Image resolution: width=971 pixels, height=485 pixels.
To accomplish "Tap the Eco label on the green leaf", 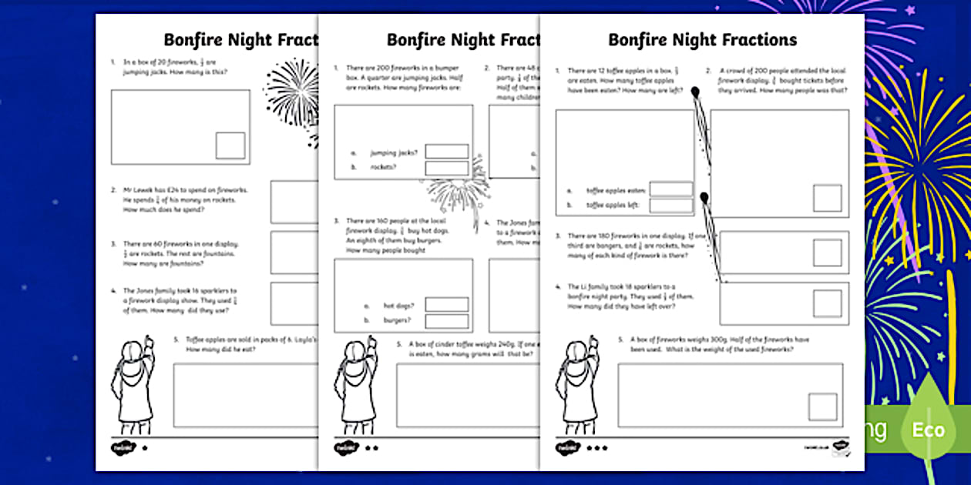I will pos(928,429).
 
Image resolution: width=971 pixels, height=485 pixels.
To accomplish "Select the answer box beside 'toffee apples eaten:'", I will pos(670,189).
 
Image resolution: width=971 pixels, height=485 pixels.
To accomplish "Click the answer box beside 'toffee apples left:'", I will pos(670,206).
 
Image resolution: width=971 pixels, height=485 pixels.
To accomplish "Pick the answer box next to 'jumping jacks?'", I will pos(447,152).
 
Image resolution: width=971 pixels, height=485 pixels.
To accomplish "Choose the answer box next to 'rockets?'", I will pos(447,168).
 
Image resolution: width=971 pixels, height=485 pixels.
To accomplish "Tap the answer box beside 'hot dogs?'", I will pos(447,305).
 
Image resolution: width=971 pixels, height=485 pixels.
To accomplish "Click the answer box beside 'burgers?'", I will pos(447,321).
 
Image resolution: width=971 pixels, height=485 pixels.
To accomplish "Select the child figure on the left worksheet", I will pos(135,385).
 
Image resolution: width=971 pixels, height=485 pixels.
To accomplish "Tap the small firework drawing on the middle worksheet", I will pos(459,189).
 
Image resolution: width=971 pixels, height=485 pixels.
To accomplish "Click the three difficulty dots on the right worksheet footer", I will pos(597,447).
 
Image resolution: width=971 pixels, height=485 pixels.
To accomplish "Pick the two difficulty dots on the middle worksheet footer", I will pos(372,447).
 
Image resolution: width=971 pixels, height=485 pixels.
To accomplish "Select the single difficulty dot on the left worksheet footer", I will pos(144,447).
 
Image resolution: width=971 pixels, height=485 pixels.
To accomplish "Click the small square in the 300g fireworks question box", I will pos(822,406).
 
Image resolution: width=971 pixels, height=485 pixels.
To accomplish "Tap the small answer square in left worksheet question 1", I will pos(230,145).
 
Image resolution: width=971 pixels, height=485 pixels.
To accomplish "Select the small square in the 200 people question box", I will pos(828,198).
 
